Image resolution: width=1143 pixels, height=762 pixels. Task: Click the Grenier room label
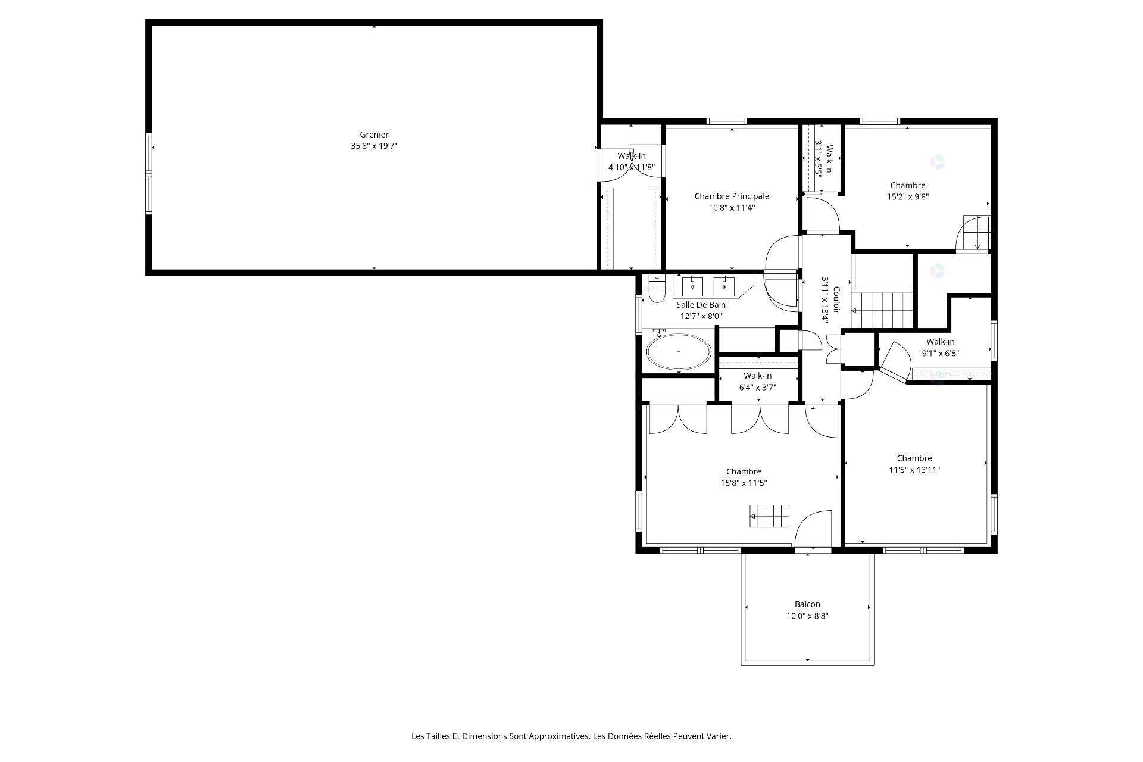point(374,135)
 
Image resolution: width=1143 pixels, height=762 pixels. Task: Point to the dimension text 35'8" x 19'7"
point(374,146)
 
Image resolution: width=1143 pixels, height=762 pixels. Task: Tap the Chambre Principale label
point(732,196)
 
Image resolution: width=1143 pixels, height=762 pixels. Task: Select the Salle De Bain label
point(701,305)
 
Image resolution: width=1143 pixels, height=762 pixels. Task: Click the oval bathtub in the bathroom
point(679,352)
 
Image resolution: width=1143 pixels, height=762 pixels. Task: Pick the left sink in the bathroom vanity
point(692,286)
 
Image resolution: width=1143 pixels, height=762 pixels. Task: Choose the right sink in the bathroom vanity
point(724,286)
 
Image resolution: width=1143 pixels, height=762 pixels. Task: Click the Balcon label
point(807,604)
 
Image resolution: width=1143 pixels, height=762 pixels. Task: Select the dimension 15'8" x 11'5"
point(744,483)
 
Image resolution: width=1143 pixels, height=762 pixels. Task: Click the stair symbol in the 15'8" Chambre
point(769,516)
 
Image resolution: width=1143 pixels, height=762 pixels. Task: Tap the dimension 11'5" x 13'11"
point(914,470)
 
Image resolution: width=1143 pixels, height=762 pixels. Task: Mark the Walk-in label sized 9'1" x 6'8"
point(940,342)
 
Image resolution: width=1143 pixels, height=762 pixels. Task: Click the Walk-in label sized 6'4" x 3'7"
point(757,376)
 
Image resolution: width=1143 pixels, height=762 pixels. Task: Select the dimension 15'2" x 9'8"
point(908,197)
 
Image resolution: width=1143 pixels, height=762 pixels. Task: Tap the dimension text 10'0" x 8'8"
point(807,616)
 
